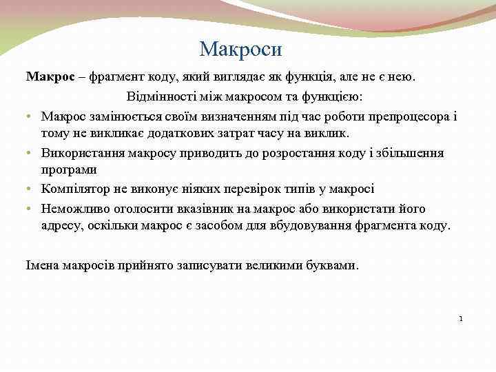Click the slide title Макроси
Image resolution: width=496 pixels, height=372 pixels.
240,50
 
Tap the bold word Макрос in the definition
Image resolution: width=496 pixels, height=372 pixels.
50,77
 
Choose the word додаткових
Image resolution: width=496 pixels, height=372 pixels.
185,133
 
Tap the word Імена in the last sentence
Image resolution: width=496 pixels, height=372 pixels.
43,265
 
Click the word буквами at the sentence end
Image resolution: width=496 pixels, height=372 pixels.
334,265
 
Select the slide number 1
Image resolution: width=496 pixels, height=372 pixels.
461,319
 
